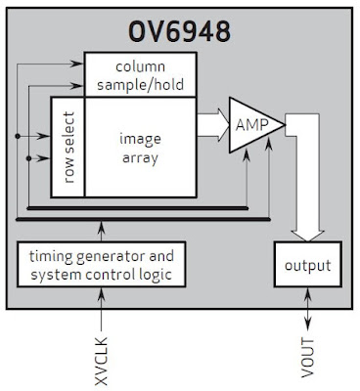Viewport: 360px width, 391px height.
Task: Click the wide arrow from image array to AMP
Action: (x=209, y=124)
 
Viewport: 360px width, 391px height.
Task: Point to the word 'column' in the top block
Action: (x=139, y=67)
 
